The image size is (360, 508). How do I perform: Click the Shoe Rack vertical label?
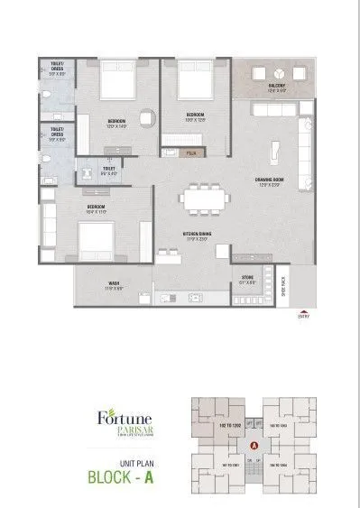283,284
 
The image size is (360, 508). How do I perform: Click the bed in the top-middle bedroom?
190,82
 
